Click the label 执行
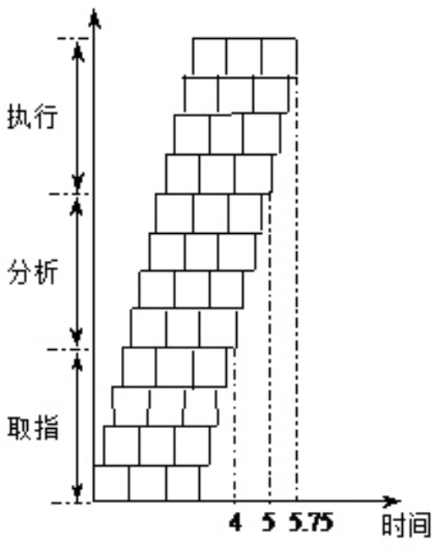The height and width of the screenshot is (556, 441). click(32, 116)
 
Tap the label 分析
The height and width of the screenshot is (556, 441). click(32, 271)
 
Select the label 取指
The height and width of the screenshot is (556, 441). click(32, 428)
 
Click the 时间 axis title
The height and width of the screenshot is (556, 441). click(406, 525)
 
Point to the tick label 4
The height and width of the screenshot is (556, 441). click(235, 523)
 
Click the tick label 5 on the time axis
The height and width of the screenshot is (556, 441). click(269, 523)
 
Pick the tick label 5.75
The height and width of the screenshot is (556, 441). click(311, 523)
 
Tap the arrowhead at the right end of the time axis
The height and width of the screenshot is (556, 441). click(394, 501)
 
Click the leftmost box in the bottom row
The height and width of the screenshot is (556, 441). click(111, 483)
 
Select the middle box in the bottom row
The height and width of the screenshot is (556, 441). click(147, 483)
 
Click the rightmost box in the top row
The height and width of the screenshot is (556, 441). click(279, 57)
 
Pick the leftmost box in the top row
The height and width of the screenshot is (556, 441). click(210, 57)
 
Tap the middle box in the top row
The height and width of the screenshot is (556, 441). click(245, 57)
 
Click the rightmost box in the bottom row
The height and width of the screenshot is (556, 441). click(183, 483)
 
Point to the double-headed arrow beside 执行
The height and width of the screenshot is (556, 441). click(78, 115)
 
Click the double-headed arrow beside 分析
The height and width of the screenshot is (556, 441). click(76, 271)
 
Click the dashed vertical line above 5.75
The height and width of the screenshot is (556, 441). click(297, 288)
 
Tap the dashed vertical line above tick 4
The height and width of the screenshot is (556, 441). click(234, 425)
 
